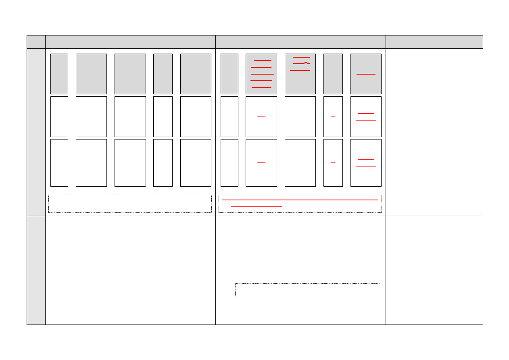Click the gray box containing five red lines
tap(261, 74)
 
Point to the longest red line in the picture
tap(300, 200)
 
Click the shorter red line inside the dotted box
tap(256, 206)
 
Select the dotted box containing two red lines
tap(300, 203)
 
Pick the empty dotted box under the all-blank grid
tap(130, 203)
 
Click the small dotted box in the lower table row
tap(308, 290)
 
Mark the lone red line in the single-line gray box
tap(366, 74)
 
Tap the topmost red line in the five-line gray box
tap(262, 60)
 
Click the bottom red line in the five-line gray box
tap(261, 87)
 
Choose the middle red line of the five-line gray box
tap(262, 74)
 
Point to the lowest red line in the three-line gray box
tap(300, 71)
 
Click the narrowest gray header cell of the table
tap(36, 42)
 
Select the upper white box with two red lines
tap(366, 117)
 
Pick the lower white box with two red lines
tap(366, 162)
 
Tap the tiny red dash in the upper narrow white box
tap(333, 117)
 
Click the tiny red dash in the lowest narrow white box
tap(333, 163)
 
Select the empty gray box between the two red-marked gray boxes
tap(333, 74)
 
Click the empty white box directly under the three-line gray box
tap(300, 117)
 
